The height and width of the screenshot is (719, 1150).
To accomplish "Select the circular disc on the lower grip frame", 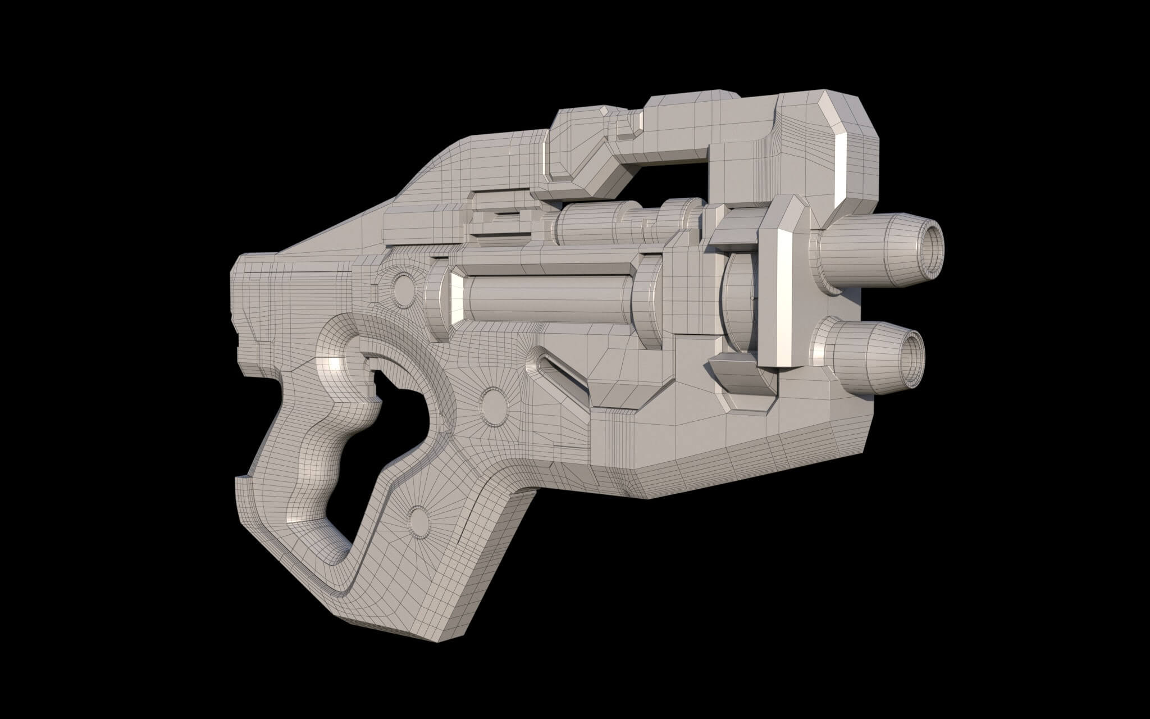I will click(418, 518).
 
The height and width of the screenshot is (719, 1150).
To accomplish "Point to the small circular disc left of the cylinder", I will click(401, 286).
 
